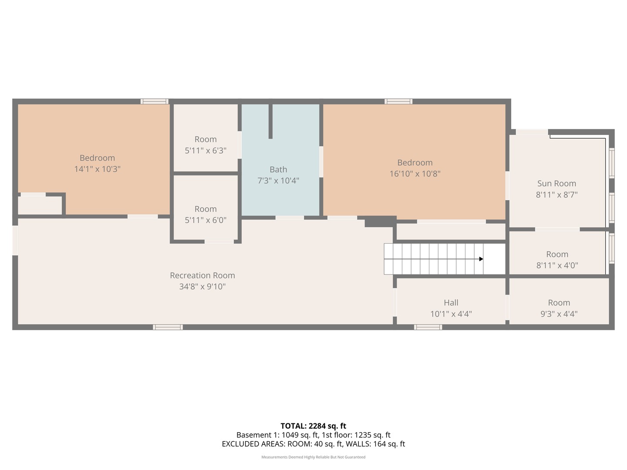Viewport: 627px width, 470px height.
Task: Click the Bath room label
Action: point(278,170)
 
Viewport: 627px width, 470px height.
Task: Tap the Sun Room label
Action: point(556,184)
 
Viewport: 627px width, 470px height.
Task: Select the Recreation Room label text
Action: point(202,275)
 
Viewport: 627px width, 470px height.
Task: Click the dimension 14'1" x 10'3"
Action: point(97,169)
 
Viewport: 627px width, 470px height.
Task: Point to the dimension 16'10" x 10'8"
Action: point(415,174)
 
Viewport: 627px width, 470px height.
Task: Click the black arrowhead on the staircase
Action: point(481,259)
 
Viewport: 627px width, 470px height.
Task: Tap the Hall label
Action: point(451,302)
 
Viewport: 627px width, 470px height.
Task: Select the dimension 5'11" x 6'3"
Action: point(206,151)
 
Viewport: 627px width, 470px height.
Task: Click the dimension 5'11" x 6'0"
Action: point(206,220)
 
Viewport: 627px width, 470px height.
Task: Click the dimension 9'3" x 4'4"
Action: point(559,314)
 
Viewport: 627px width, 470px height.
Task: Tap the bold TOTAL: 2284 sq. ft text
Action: point(313,426)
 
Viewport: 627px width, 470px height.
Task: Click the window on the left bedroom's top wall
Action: point(154,101)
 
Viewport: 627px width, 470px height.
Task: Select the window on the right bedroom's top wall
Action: point(398,101)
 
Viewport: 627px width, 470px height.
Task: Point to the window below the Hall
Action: point(428,327)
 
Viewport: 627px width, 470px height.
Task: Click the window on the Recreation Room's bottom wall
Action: point(168,327)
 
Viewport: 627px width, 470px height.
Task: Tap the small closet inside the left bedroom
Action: point(40,205)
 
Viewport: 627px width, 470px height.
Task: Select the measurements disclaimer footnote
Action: point(313,457)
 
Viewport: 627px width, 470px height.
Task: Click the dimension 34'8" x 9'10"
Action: point(202,287)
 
